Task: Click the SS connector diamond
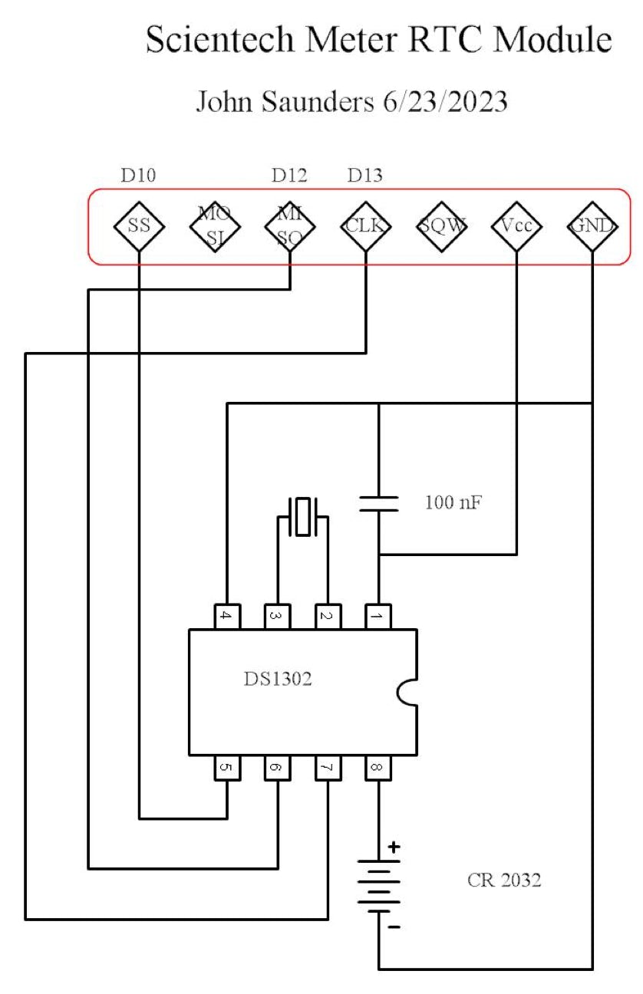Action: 139,226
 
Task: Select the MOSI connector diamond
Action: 214,226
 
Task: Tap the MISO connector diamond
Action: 289,226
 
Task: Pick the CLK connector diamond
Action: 365,226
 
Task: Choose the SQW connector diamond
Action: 441,226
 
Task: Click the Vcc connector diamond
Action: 516,226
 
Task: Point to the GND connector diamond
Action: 592,226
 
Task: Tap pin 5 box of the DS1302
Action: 227,767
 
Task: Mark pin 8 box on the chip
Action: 378,767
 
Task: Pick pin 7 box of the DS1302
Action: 328,767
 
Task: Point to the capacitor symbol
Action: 379,503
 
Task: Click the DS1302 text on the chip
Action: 277,679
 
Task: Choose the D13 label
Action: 364,176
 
